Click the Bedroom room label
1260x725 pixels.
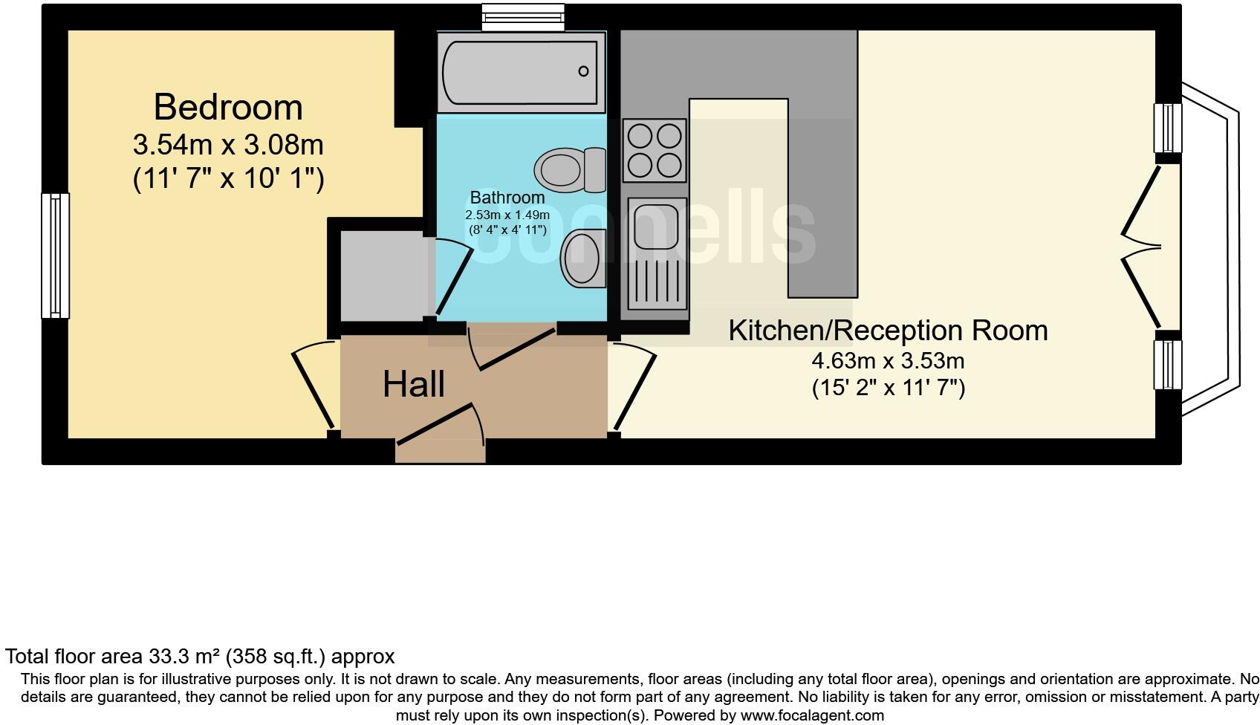228,108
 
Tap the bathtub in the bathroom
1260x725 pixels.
520,72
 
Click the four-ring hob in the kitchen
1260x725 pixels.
655,150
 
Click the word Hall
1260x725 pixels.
414,385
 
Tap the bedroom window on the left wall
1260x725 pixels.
55,256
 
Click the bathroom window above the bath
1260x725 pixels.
522,18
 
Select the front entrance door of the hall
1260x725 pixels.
440,427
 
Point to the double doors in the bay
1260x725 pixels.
1140,247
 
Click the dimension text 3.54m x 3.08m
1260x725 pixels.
228,144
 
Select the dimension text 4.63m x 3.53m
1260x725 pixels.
888,362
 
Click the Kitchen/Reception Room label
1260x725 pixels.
888,331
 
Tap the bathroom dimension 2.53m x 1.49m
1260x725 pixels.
507,215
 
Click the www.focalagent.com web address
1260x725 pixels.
811,716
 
